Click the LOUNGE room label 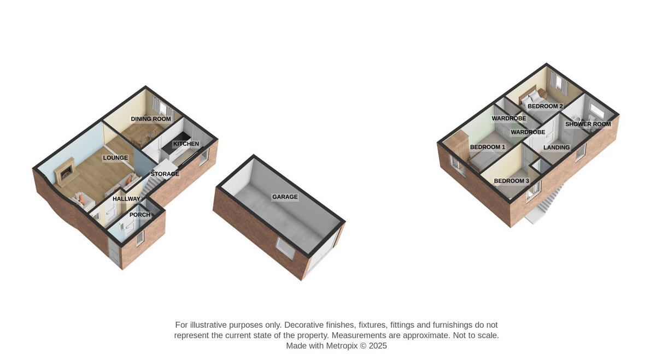[x=115, y=158]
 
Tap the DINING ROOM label [x=151, y=119]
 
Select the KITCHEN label [x=186, y=144]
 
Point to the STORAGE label [x=165, y=174]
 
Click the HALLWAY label [x=126, y=199]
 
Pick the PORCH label [x=140, y=215]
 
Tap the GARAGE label [x=285, y=197]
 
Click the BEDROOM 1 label [x=488, y=147]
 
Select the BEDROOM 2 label [x=546, y=106]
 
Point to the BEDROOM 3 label [x=512, y=181]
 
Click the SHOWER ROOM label [x=588, y=124]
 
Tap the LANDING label [x=557, y=147]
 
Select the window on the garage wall [x=285, y=249]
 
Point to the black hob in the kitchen [x=176, y=143]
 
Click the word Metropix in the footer [x=342, y=346]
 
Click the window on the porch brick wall [x=140, y=238]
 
